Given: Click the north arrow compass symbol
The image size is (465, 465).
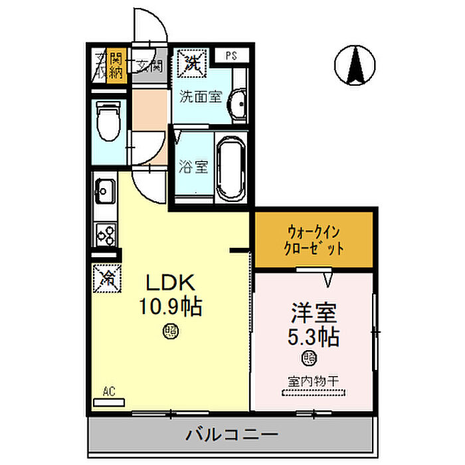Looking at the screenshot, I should point(353,66).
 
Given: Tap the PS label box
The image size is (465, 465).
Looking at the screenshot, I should point(232,55).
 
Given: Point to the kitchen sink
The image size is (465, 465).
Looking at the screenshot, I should point(104,191).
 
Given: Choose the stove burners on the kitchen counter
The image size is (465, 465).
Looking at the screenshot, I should point(105,232).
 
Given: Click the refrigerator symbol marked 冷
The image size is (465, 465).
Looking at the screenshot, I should point(106,278).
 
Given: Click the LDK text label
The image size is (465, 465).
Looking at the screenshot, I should point(170,284).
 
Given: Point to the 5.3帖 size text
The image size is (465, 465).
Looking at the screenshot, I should point(313,336).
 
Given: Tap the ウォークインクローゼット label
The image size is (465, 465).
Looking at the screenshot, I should point(315,240).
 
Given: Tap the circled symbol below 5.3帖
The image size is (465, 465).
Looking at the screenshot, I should point(310,358).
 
